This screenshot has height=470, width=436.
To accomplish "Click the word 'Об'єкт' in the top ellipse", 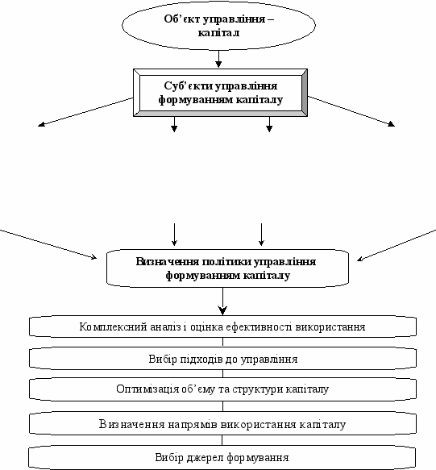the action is [x=183, y=19].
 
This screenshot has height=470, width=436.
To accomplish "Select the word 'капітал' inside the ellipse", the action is [x=218, y=32].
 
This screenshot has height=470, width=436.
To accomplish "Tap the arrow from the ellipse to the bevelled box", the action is [x=218, y=59].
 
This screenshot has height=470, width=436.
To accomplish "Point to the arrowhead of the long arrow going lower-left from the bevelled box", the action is [x=41, y=124].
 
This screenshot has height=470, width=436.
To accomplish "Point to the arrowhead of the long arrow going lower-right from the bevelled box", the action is [x=392, y=124].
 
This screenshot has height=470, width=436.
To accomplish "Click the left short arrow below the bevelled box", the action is [x=174, y=124].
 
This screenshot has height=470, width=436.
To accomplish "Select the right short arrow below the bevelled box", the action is [x=269, y=124].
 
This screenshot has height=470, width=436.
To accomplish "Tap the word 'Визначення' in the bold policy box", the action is [x=168, y=262].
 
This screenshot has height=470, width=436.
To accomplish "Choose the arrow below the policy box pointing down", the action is [x=222, y=302].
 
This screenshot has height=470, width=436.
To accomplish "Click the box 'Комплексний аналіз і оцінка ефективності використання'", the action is [x=222, y=327].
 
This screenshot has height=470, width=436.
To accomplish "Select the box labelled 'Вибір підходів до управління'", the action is [x=222, y=359].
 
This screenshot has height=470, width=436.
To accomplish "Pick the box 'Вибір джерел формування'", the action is [x=222, y=457].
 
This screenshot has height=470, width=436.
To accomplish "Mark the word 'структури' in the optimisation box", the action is [x=258, y=389].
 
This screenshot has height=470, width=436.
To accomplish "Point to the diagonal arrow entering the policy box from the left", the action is [x=48, y=244].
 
